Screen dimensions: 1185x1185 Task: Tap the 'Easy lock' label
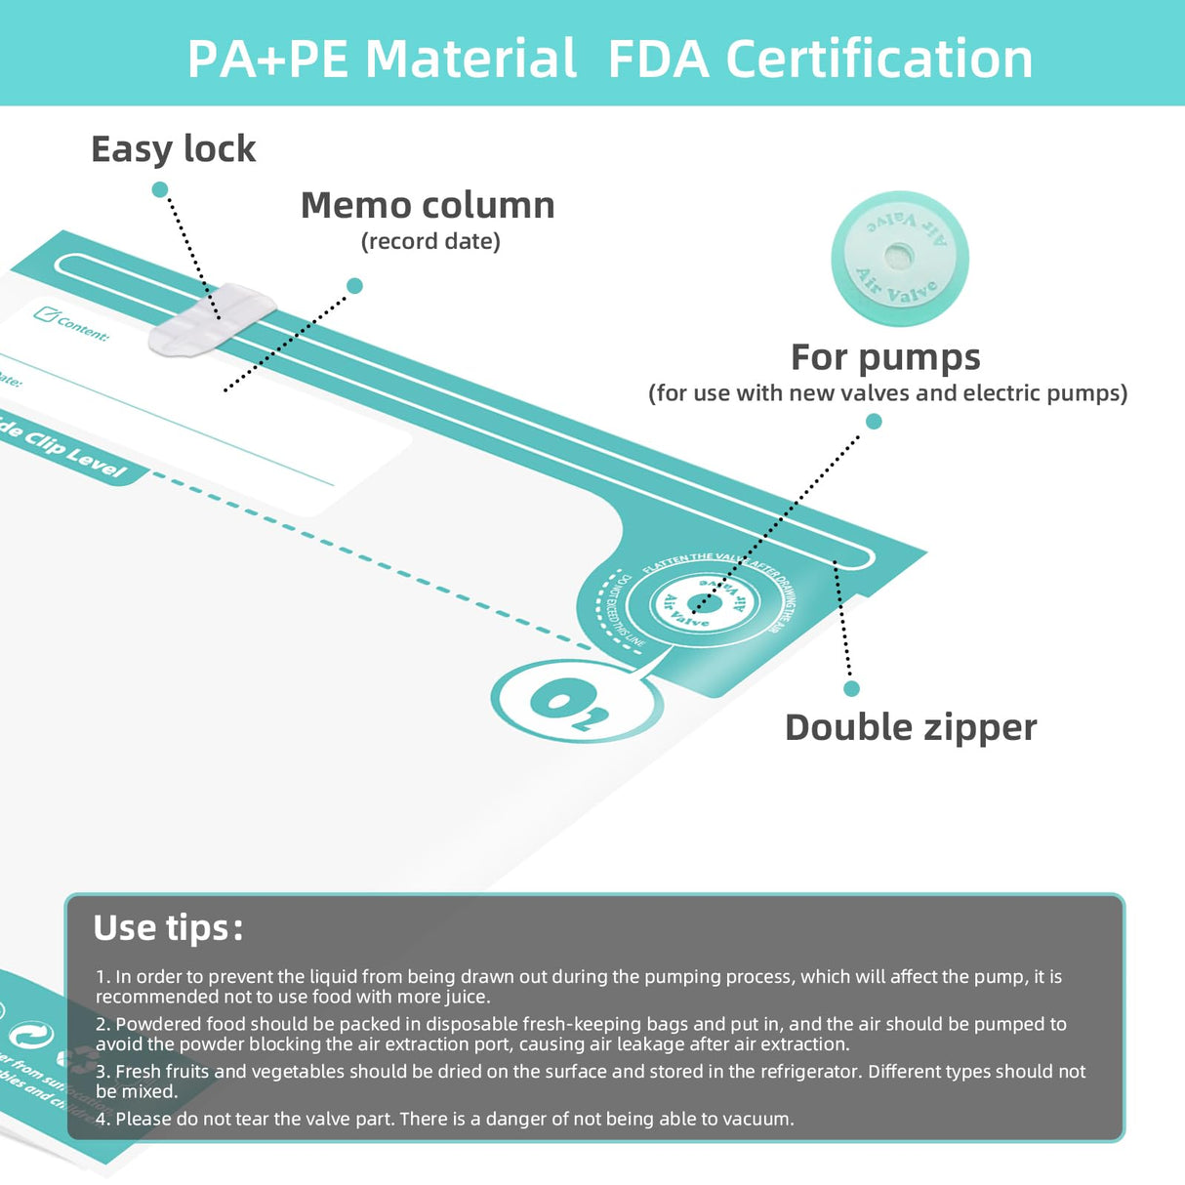pos(173,149)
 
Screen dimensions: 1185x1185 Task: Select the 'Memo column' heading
pos(428,205)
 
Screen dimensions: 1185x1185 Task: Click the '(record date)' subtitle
pos(430,241)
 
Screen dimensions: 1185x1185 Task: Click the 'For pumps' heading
pos(885,357)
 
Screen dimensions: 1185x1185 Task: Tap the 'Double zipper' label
pos(911,727)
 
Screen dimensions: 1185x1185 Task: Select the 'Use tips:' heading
pos(167,927)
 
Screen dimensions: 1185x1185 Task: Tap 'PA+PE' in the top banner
pos(266,59)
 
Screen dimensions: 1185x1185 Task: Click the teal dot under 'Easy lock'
pos(160,189)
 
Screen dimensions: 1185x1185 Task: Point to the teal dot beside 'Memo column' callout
pos(354,286)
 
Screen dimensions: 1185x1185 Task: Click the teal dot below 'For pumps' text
pos(874,422)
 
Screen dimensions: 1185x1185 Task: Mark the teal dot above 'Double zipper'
pos(851,689)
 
